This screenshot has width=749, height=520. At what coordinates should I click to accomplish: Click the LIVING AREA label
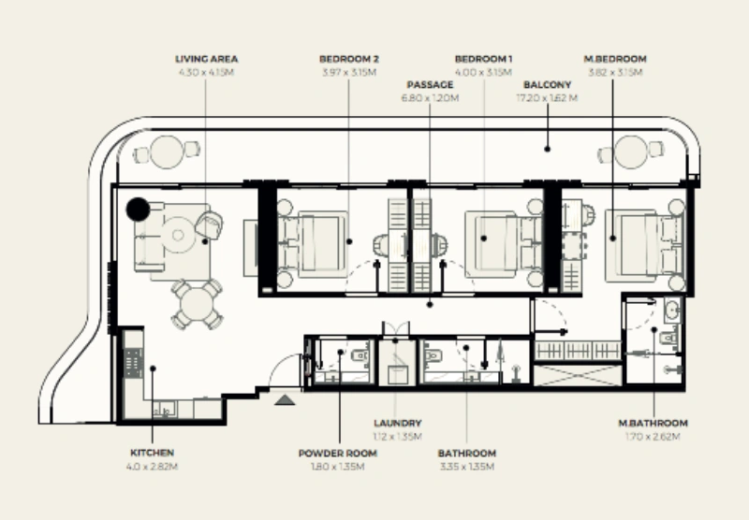coord(205,59)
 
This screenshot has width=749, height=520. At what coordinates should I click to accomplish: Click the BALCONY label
coord(548,84)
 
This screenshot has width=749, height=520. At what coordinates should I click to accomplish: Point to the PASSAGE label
coord(429,84)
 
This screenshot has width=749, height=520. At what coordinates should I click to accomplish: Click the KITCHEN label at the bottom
coord(152,453)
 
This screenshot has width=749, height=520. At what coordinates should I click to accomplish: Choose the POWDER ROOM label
coord(337,454)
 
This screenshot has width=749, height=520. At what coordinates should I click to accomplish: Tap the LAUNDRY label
coord(397,424)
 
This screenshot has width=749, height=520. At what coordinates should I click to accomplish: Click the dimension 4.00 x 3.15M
coord(484,71)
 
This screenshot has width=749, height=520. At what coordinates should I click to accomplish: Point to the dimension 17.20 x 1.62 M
coord(548,96)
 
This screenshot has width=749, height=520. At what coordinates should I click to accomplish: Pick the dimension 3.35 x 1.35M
coord(466,466)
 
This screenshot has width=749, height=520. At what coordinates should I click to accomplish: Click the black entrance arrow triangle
coord(285,399)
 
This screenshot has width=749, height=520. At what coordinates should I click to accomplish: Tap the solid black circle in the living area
coord(139,209)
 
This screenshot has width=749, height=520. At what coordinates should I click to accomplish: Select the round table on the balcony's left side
coord(167,152)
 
